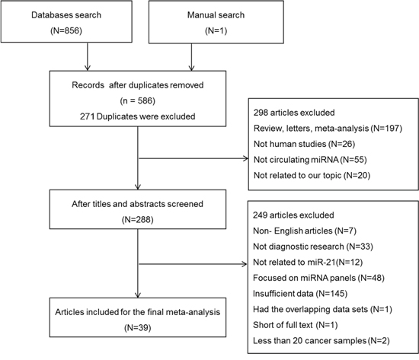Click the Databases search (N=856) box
(x=66, y=21)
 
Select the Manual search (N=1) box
(x=216, y=22)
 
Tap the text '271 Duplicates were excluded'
(x=137, y=116)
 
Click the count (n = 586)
(x=138, y=100)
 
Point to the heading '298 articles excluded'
(x=294, y=113)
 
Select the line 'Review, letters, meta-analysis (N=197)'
(x=328, y=128)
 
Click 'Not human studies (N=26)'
(x=305, y=144)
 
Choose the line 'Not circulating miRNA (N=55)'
(x=310, y=160)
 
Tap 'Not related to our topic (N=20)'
(x=312, y=176)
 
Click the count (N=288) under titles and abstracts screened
(x=138, y=220)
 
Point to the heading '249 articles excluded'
(x=293, y=215)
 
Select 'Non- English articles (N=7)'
(x=305, y=231)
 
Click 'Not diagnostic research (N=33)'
(x=313, y=247)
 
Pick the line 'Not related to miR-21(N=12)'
(x=308, y=263)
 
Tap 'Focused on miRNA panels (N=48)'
(x=318, y=278)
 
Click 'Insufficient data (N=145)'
(x=300, y=294)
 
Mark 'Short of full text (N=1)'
(x=296, y=325)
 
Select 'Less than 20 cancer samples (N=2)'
(x=321, y=341)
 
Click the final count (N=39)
(x=138, y=328)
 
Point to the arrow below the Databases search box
(x=88, y=56)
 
